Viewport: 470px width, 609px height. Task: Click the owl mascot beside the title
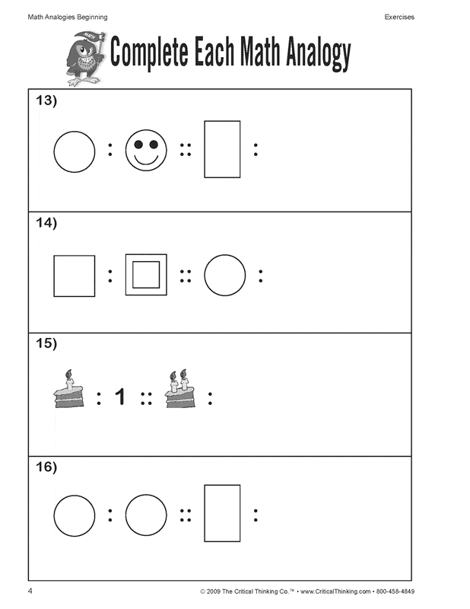(83, 60)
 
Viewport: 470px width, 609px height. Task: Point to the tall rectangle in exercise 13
(222, 149)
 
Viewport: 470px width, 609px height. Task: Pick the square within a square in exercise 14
(146, 275)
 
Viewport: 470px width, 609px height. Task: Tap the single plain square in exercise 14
(75, 276)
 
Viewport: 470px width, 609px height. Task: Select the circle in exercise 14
(225, 276)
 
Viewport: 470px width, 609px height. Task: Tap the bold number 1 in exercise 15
(119, 397)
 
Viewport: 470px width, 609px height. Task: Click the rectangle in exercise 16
(222, 513)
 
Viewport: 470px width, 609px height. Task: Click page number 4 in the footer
(30, 591)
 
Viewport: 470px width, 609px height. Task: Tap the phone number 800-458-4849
(395, 592)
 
